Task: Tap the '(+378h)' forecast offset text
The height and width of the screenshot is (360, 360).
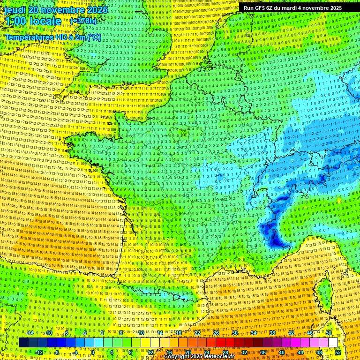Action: pos(83,21)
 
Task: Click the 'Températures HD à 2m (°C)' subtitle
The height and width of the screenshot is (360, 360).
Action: pos(52,37)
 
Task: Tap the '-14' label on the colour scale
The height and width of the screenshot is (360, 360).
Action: pos(30,333)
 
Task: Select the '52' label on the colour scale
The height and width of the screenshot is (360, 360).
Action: pos(338,352)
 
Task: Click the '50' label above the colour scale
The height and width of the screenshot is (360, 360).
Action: pos(328,333)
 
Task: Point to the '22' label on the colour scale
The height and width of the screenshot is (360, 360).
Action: pos(197,333)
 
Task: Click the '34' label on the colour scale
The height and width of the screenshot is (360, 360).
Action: pos(254,333)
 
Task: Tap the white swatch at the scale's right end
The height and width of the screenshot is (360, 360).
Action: pos(333,343)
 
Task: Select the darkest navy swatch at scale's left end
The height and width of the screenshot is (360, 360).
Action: pos(23,343)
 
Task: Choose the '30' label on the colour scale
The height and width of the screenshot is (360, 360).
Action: pos(235,333)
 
